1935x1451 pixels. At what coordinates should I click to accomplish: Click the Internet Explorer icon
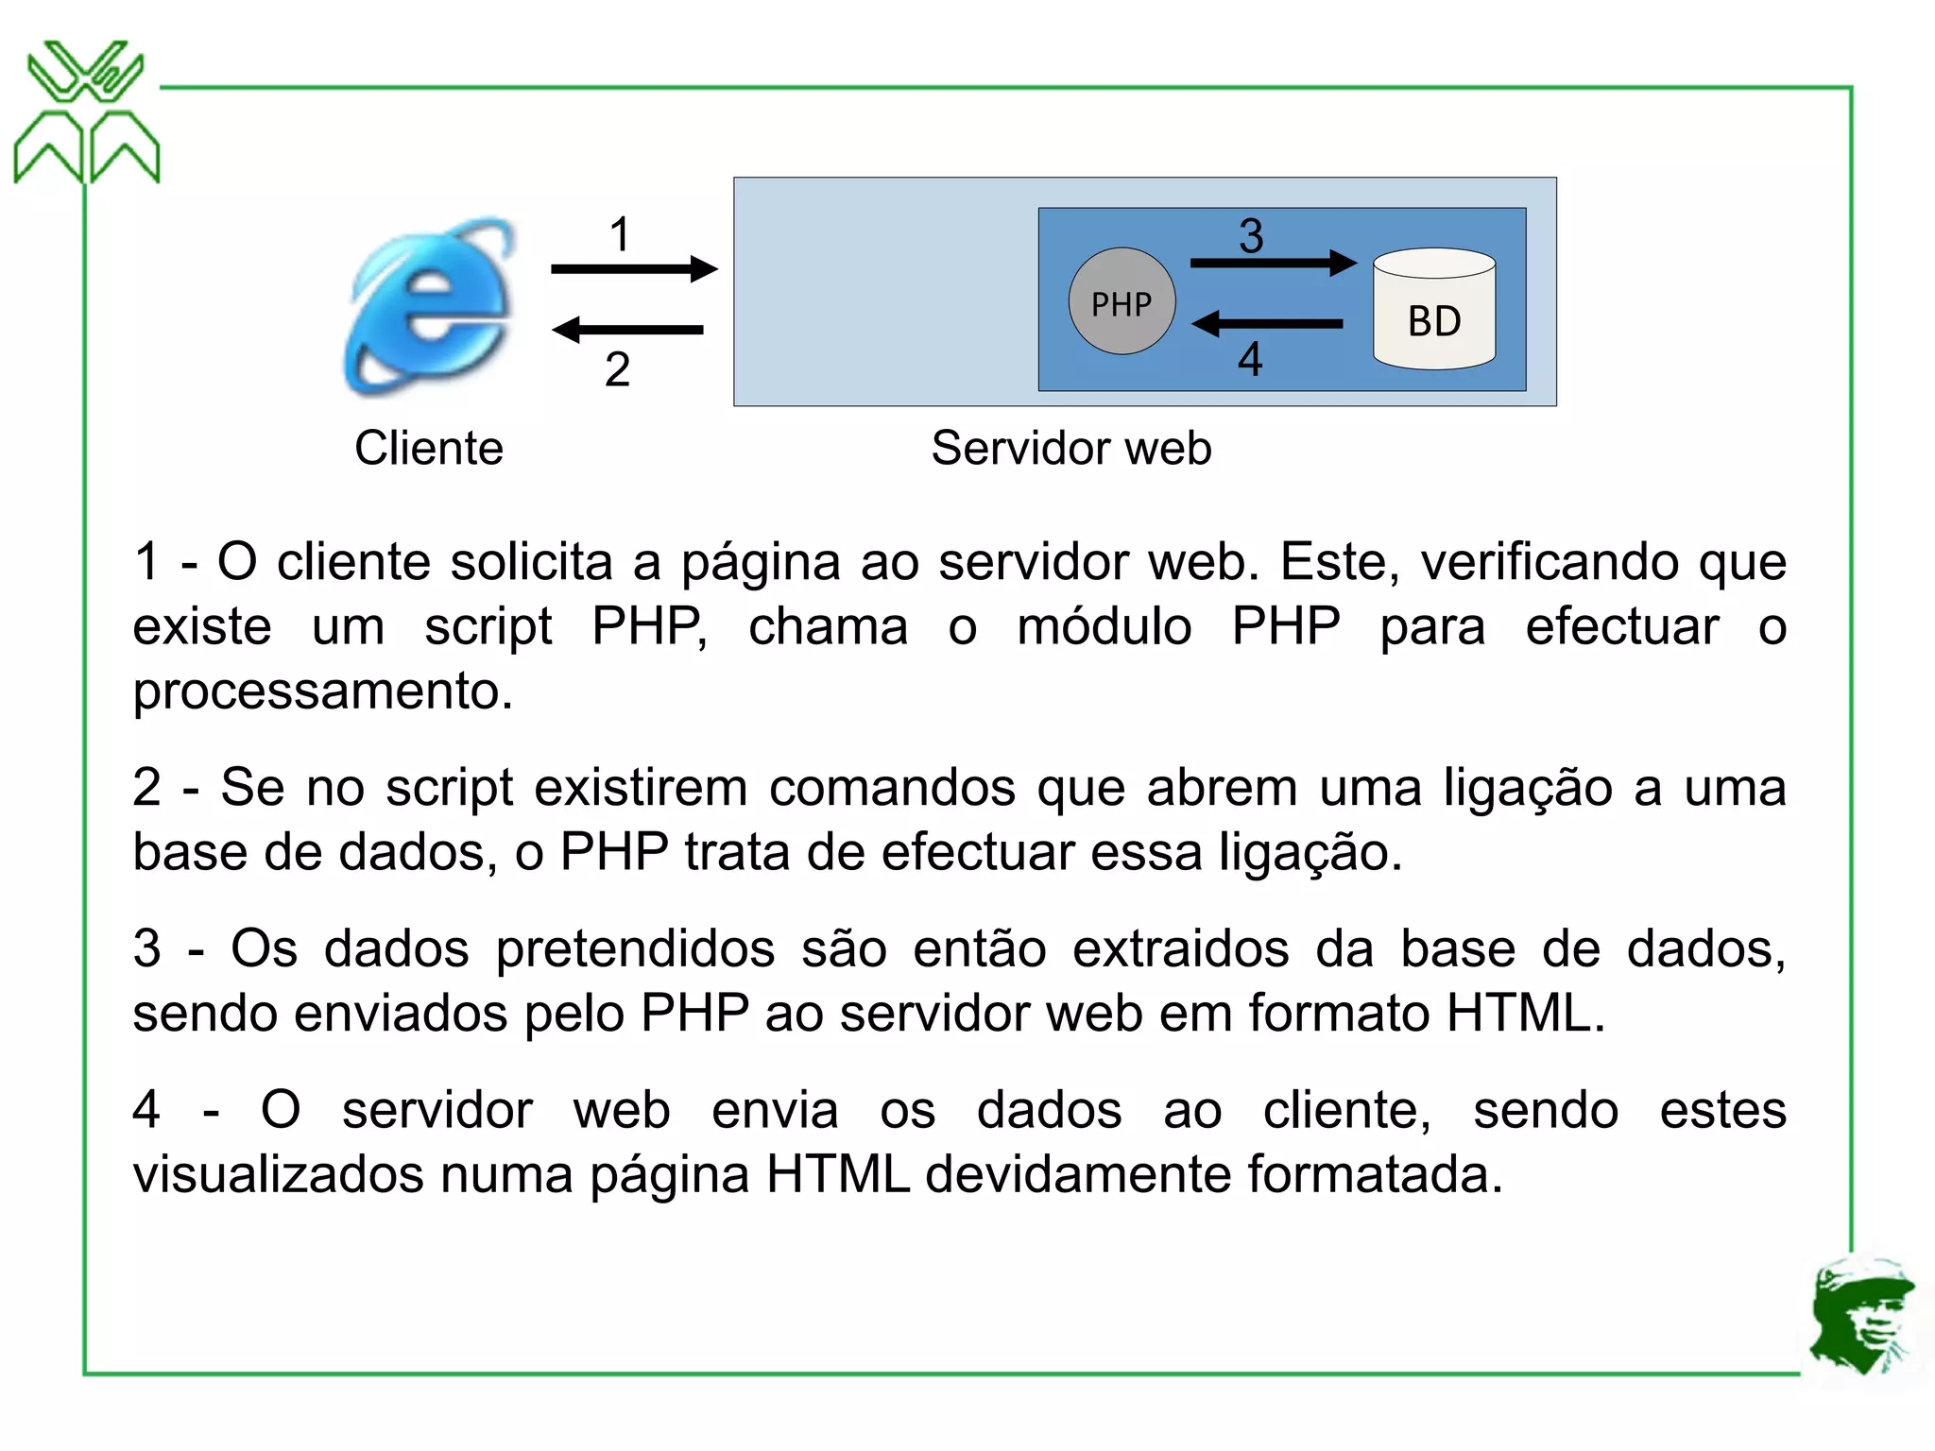(x=430, y=307)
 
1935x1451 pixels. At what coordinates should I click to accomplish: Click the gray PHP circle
(x=1122, y=302)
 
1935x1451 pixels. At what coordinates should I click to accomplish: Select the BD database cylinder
(x=1433, y=310)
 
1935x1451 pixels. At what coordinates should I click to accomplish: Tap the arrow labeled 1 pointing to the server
(x=633, y=269)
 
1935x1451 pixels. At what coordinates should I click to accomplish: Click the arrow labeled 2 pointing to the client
(x=628, y=330)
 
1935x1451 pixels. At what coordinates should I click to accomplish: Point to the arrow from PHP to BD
(x=1272, y=263)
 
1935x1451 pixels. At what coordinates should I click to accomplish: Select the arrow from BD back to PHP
(x=1267, y=324)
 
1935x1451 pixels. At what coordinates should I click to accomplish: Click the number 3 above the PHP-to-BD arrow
(x=1251, y=235)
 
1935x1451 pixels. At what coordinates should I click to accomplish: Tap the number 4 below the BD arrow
(x=1250, y=360)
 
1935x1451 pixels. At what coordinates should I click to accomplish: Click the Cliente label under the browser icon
(x=429, y=448)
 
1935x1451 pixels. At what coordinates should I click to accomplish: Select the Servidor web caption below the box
(x=1070, y=448)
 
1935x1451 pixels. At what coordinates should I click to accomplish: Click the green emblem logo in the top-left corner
(x=86, y=111)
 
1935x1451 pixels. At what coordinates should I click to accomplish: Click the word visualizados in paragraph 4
(x=278, y=1174)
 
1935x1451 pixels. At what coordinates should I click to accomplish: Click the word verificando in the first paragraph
(x=1549, y=562)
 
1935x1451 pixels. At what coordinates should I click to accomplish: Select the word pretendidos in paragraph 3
(x=636, y=948)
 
